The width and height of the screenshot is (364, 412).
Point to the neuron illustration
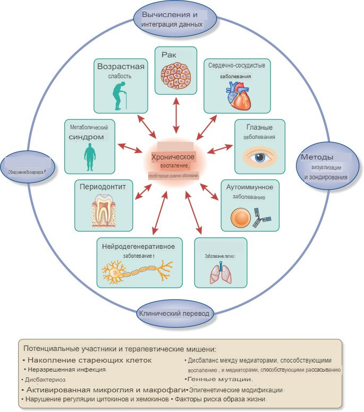tap(138, 272)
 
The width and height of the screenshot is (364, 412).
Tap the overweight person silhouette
tap(89, 155)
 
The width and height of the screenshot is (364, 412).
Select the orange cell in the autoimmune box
tap(240, 217)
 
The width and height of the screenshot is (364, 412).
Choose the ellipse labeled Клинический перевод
tap(176, 313)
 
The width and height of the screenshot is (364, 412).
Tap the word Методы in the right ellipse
tap(317, 157)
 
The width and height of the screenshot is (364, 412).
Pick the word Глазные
tap(260, 128)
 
